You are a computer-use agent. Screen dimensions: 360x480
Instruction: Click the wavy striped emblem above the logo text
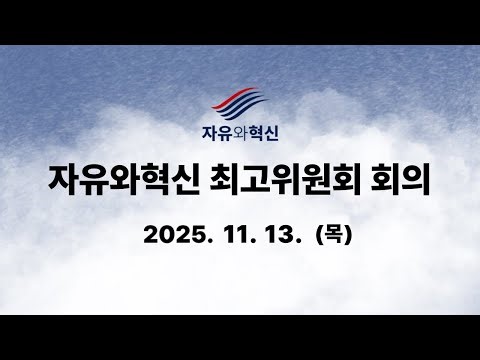(x=239, y=102)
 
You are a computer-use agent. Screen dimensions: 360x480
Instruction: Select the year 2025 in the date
(x=176, y=236)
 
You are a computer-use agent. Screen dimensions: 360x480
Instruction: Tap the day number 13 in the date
(x=282, y=236)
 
